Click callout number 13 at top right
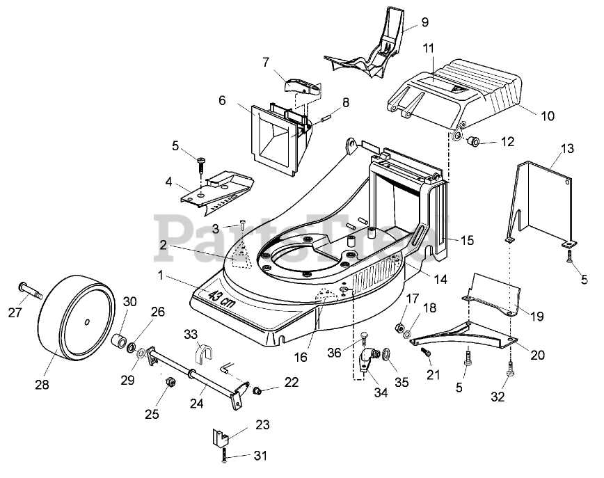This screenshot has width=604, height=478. click(567, 149)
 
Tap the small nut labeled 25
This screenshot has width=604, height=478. click(168, 383)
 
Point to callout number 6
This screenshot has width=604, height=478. click(222, 99)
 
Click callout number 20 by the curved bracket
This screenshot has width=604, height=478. click(537, 353)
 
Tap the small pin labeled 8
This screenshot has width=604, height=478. click(325, 118)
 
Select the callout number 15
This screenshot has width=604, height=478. click(466, 240)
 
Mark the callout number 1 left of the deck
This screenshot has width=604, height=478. click(161, 275)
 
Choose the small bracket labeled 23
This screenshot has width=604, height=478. click(221, 440)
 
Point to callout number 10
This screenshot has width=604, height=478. click(548, 115)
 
